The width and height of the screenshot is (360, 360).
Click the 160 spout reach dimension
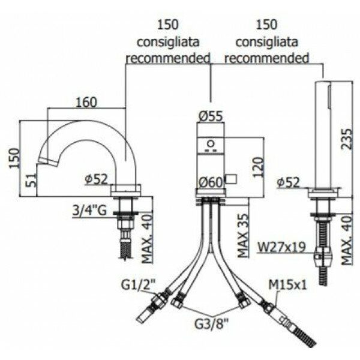(86, 103)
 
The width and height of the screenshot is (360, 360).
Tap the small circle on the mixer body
(210, 143)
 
